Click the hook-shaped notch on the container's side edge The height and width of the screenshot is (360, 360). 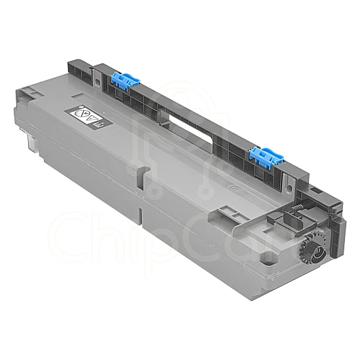click(140, 171)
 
